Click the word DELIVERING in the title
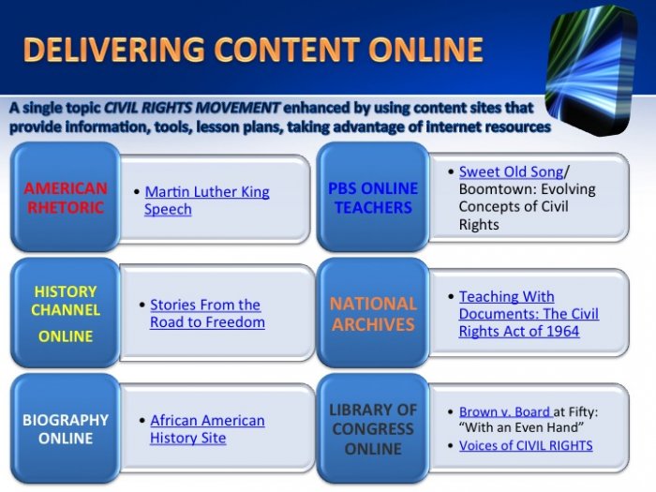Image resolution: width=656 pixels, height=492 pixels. point(113,50)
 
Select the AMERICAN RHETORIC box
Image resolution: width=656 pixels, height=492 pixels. point(66,197)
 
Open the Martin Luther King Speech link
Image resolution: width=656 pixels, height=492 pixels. point(207,200)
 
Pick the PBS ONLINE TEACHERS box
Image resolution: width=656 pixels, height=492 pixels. point(373,197)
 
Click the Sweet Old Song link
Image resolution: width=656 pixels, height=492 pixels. point(511,171)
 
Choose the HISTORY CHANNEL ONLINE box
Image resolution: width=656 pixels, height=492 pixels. point(66,313)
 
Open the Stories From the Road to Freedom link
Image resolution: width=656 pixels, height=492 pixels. point(207,313)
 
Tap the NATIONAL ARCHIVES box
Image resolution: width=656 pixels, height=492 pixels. point(373,313)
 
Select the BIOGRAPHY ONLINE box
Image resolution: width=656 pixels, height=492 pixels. point(66,429)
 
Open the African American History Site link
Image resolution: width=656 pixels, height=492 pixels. point(207,429)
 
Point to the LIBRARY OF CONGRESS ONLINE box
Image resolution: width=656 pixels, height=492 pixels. point(373,429)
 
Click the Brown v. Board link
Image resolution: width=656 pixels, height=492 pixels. point(506,411)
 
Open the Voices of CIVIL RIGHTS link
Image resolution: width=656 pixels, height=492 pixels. point(526,445)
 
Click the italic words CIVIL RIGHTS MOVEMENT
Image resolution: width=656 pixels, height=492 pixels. point(191,108)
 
